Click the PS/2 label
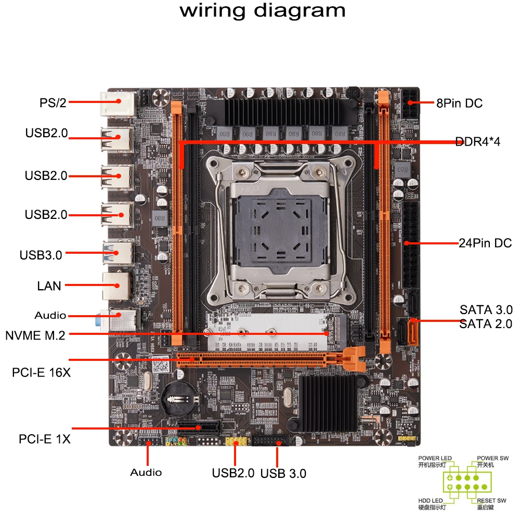click(53, 102)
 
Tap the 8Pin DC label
click(459, 103)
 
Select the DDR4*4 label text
click(477, 141)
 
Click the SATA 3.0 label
click(486, 310)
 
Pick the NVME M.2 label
click(35, 335)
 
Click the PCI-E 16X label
click(41, 373)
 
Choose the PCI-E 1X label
click(45, 439)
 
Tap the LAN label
click(49, 285)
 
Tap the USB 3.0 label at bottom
click(283, 473)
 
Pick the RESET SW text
click(491, 500)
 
